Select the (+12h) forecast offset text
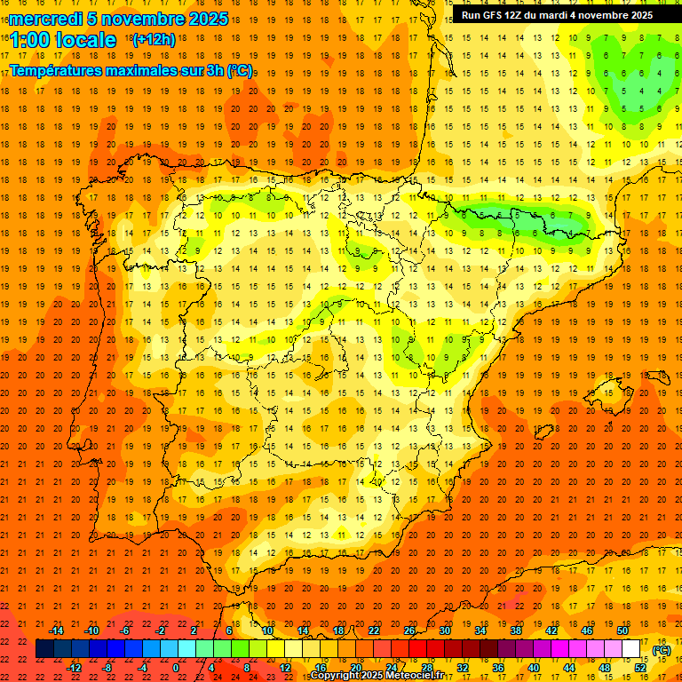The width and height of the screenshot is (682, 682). point(153,40)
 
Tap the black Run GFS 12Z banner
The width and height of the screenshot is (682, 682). point(557,15)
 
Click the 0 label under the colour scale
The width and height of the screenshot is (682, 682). point(176,668)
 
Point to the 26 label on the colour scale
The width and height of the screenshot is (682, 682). point(408,630)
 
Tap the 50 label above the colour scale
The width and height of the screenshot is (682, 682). point(622,630)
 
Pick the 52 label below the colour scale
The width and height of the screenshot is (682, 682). point(640,668)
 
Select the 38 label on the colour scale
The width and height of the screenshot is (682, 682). point(515,630)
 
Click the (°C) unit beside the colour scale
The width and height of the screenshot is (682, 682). point(661,650)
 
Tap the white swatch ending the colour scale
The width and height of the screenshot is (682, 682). point(631,649)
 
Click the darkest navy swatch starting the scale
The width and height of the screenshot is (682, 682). point(45,649)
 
